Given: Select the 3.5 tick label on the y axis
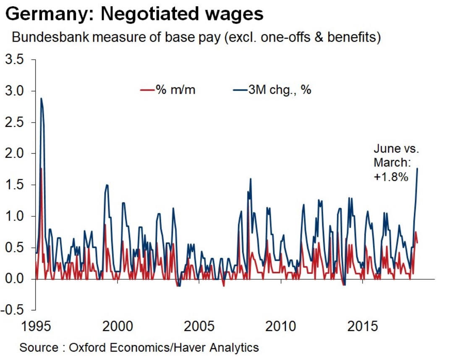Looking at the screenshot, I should [x=16, y=60].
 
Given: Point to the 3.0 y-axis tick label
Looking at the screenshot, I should [x=16, y=91].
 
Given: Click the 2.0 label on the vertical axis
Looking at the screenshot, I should [x=16, y=154].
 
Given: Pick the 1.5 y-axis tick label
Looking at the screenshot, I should [x=16, y=185].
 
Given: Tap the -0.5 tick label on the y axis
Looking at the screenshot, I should [x=14, y=310].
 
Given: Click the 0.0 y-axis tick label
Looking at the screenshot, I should [x=16, y=279].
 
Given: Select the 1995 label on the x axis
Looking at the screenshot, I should [x=36, y=326].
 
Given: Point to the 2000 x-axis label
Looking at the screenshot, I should [x=117, y=326].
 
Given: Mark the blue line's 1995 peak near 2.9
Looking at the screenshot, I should [x=41, y=99].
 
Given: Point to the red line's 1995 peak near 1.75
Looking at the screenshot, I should [x=41, y=168].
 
